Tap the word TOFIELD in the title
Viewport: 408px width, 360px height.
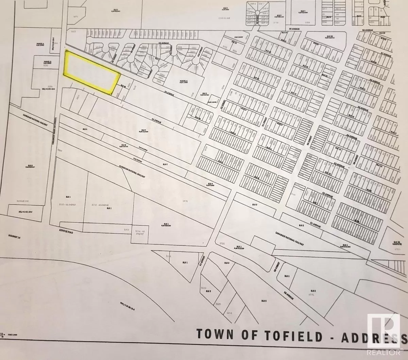(290, 336)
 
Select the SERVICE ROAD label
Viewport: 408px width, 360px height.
(66, 232)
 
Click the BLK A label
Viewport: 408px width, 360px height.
(85, 130)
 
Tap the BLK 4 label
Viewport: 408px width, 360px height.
(210, 184)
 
